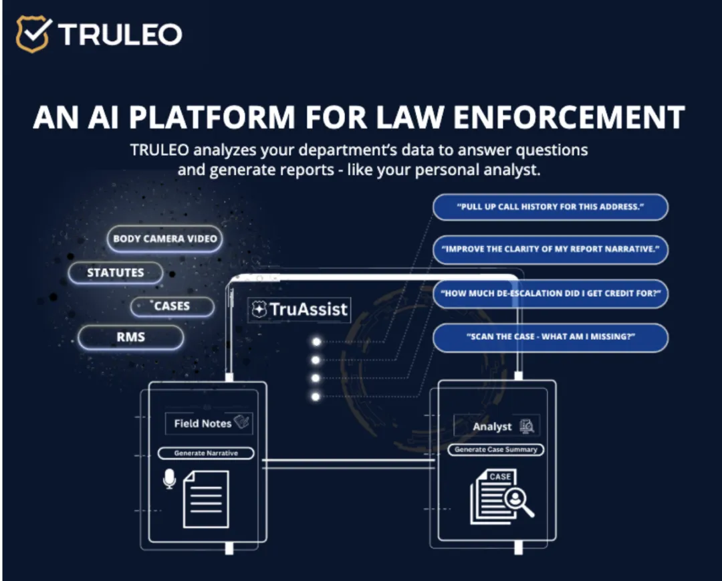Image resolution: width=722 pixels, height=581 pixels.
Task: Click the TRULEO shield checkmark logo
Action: (33, 34)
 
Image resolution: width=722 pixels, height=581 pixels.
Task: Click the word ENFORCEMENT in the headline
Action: (569, 117)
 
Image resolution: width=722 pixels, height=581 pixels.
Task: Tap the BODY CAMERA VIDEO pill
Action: (164, 239)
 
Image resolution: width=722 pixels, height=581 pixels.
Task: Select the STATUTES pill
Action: (116, 273)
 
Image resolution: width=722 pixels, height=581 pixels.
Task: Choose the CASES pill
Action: (172, 306)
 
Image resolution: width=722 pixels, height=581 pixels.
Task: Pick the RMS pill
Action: (130, 338)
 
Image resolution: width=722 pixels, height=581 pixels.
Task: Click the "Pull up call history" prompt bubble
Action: (550, 207)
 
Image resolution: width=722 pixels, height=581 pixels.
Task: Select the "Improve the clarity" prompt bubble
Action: (550, 250)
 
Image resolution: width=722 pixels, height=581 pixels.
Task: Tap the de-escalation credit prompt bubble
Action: (550, 294)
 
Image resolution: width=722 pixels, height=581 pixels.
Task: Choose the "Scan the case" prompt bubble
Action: (550, 338)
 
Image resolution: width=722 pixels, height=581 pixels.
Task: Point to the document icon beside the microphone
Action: (206, 498)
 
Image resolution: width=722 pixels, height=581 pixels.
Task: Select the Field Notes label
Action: (203, 423)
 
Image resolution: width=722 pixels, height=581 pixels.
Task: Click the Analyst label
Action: (492, 427)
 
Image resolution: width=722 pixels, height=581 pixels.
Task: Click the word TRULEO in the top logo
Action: (120, 34)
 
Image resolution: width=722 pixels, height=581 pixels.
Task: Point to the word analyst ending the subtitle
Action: (507, 170)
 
